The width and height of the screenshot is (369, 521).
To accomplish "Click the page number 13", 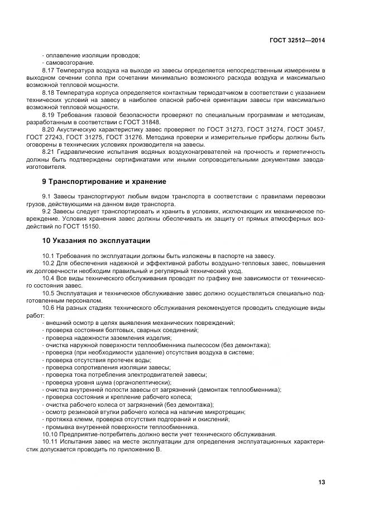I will (322, 482).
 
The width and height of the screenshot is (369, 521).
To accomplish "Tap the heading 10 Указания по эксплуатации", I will (96, 240).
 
